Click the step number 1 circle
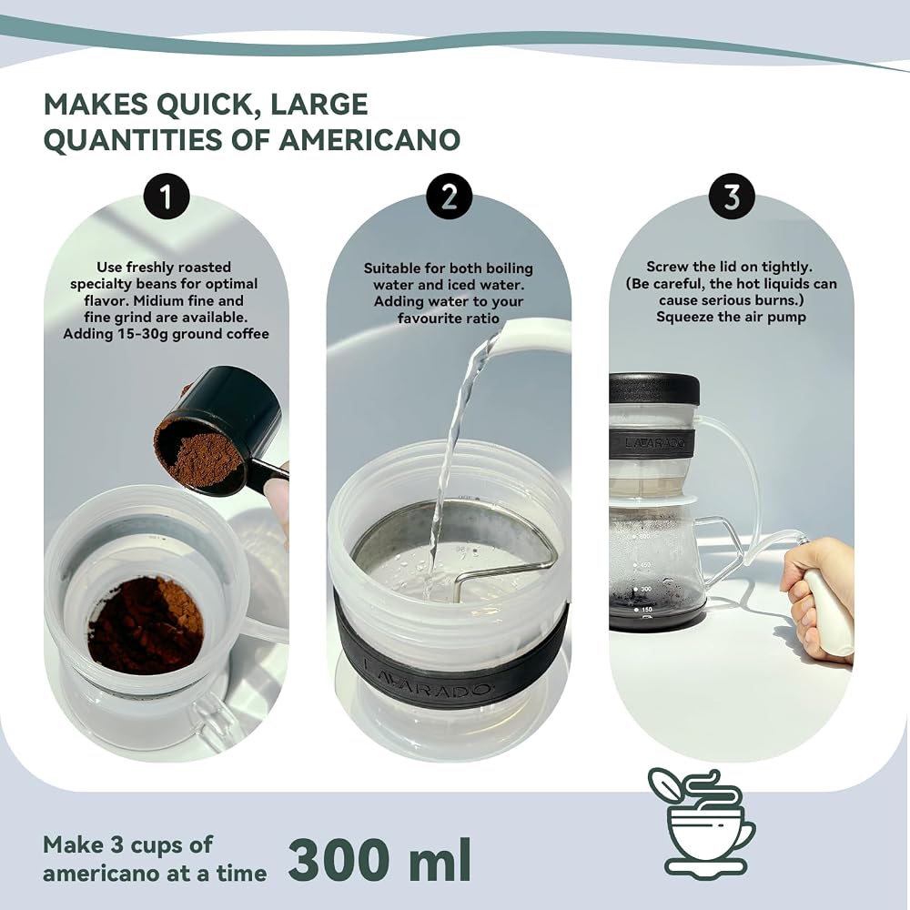(x=167, y=197)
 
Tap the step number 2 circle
(x=449, y=197)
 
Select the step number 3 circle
(x=732, y=197)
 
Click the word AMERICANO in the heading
(x=369, y=140)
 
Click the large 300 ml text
(x=379, y=859)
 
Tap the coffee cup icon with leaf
(x=702, y=818)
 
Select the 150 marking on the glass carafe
(x=646, y=610)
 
